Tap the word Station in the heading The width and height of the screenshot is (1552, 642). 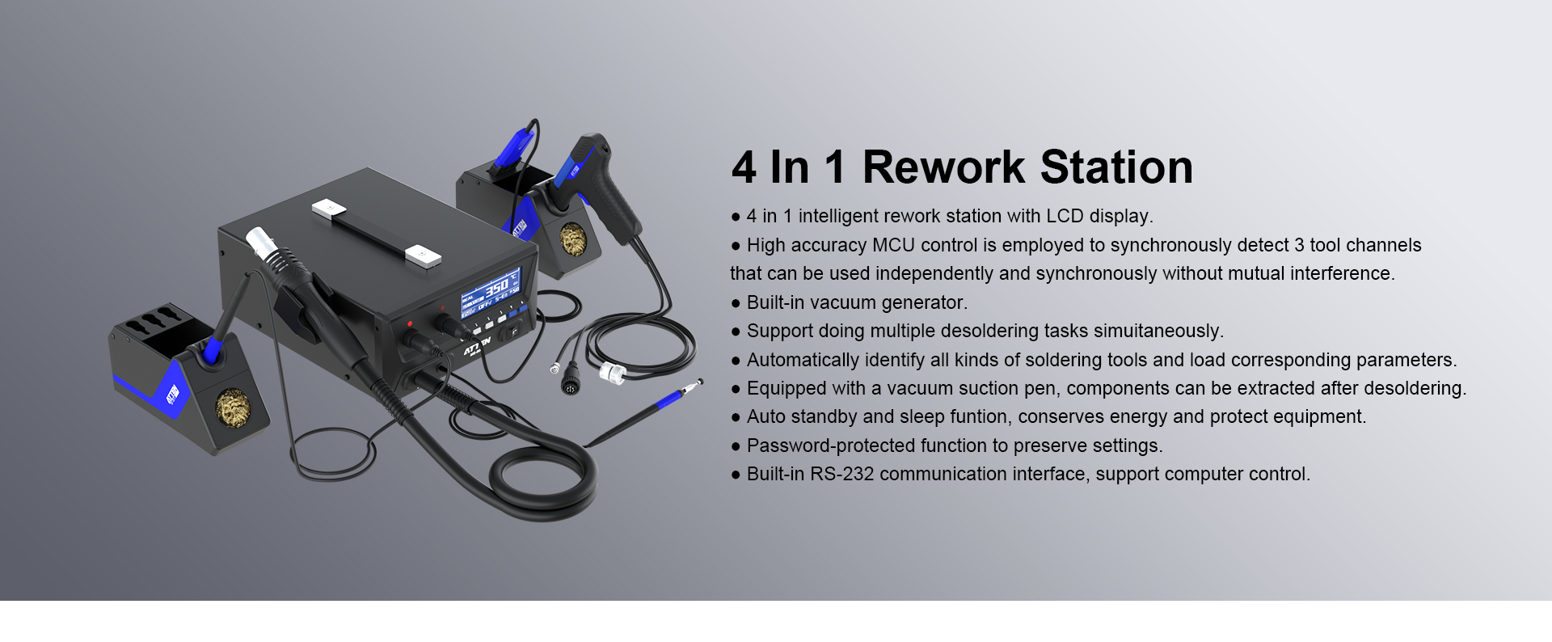point(1116,167)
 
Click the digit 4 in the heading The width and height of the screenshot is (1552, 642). point(744,167)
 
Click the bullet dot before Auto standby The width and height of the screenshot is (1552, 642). point(736,418)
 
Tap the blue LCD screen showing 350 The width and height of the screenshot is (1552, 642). point(491,293)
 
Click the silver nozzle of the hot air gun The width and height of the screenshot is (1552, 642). point(261,242)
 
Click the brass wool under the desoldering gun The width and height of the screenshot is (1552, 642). point(573,240)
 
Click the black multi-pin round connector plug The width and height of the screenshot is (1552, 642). point(570,378)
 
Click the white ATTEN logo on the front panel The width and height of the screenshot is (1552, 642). point(477,347)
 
